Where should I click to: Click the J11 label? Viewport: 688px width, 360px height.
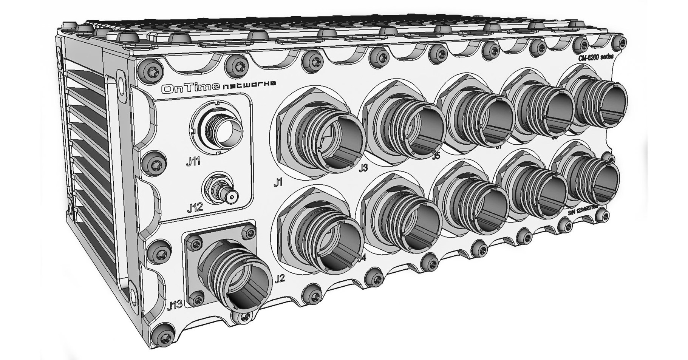coord(193,162)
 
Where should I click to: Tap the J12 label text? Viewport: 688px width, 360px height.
coord(195,207)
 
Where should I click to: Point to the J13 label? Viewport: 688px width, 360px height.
coord(175,304)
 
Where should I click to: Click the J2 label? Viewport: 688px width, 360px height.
coord(280,279)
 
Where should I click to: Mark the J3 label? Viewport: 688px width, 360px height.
coord(363,168)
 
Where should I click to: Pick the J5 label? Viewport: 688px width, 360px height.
coord(436,155)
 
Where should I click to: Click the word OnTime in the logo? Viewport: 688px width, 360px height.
coord(190,89)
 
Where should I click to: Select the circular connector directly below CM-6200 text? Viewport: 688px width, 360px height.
coord(593,102)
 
